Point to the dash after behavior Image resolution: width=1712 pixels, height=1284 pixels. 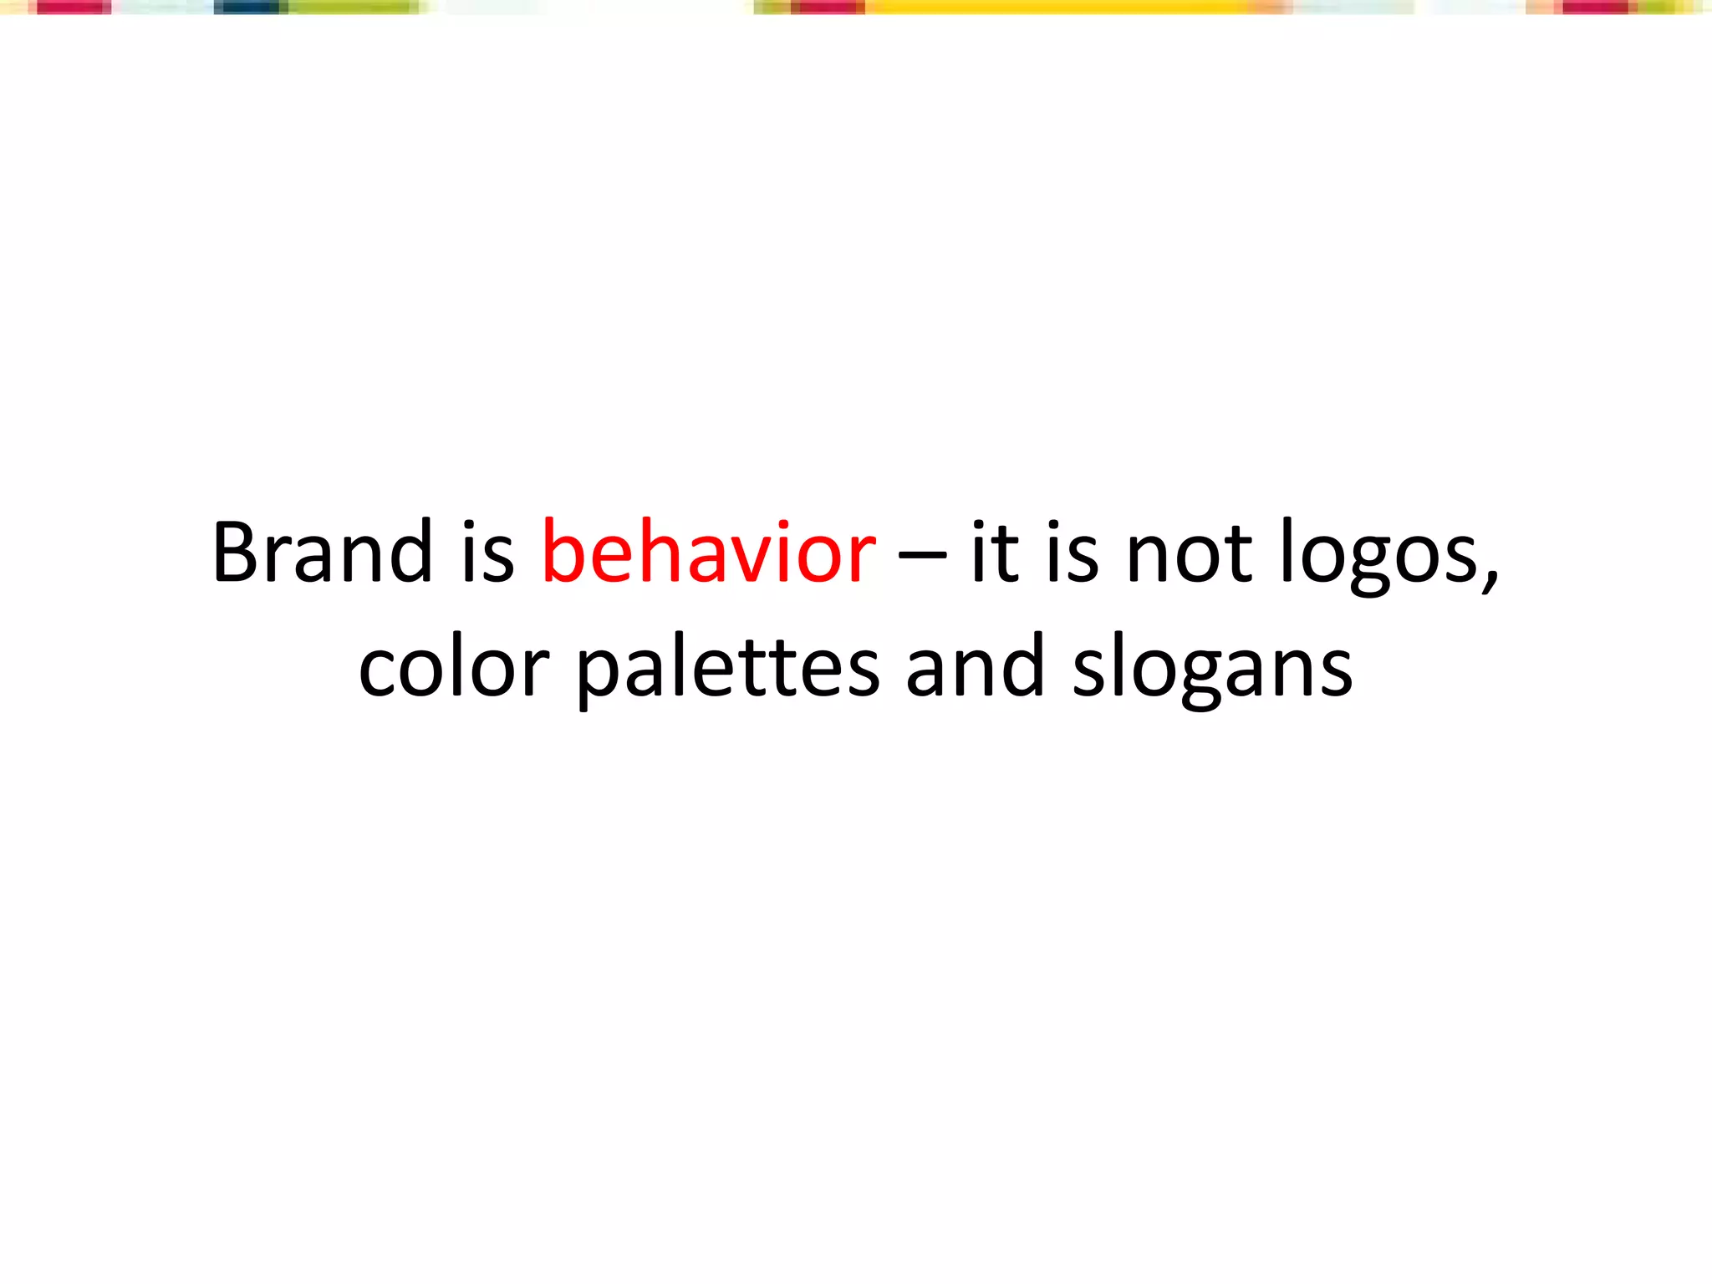click(922, 553)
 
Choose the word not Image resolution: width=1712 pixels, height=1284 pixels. click(1189, 553)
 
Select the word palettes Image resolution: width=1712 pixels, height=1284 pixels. click(728, 669)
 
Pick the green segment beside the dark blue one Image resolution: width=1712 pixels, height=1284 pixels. click(351, 8)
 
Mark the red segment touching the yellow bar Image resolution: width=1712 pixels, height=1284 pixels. click(828, 8)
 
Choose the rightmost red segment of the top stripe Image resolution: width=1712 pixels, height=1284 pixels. click(1595, 8)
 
